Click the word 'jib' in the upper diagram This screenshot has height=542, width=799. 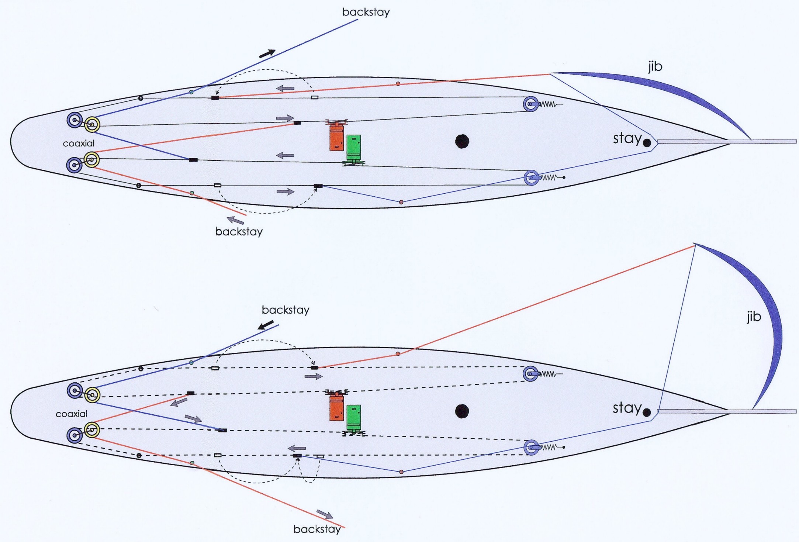tap(655, 66)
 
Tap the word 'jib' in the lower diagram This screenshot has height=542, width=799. tap(754, 317)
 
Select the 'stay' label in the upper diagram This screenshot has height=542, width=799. tap(627, 138)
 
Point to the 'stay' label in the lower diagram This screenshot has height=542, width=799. tap(627, 408)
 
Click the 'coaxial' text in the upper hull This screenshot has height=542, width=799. tap(79, 143)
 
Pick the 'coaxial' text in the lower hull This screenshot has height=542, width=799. tap(72, 414)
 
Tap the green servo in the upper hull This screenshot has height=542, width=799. tap(354, 148)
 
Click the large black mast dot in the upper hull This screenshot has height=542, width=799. tap(462, 141)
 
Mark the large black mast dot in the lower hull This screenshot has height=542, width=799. tap(462, 411)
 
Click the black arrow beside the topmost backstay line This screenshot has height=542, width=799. tap(267, 54)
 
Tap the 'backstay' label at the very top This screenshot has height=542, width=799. tap(366, 12)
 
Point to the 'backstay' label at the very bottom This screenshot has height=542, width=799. tap(317, 529)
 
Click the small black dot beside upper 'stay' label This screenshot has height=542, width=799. tap(647, 143)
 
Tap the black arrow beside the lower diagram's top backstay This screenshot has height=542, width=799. tap(266, 325)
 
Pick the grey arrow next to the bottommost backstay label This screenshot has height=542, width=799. tap(325, 514)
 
